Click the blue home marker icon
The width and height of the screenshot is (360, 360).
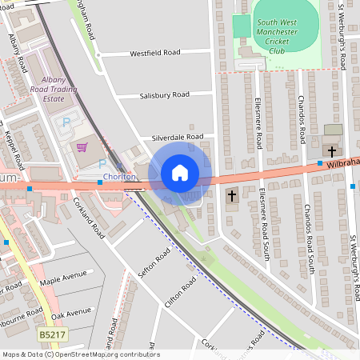[x=180, y=173]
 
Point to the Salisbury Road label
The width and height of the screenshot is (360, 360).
[x=164, y=95]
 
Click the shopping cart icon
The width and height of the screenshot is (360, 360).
[x=82, y=146]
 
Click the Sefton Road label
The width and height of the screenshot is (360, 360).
[x=154, y=264]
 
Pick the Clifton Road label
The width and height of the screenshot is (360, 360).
[x=181, y=294]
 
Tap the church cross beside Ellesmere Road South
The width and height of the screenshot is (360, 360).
[x=232, y=195]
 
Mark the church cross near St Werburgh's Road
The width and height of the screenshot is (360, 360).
[x=331, y=150]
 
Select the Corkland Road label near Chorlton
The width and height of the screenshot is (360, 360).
[x=88, y=218]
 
